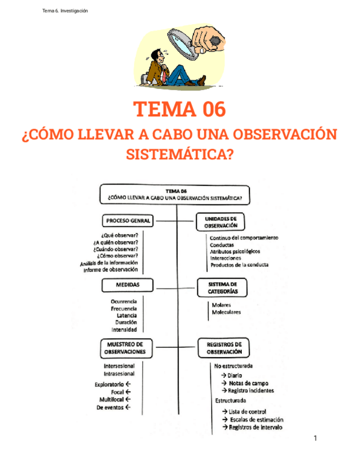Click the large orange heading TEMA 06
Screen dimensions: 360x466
coord(180,109)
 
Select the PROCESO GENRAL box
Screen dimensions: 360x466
coord(127,220)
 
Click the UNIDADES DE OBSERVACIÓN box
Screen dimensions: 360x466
coord(221,221)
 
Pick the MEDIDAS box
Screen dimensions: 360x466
coord(127,285)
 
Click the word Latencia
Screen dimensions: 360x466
coord(126,315)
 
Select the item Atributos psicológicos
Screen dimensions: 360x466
coord(235,251)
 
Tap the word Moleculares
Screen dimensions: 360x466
coord(226,312)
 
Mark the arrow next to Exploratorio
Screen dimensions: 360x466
coord(128,384)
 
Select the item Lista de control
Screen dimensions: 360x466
coord(247,412)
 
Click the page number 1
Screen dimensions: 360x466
coord(315,438)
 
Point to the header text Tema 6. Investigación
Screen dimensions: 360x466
coord(65,11)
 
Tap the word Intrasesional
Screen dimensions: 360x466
coord(119,374)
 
